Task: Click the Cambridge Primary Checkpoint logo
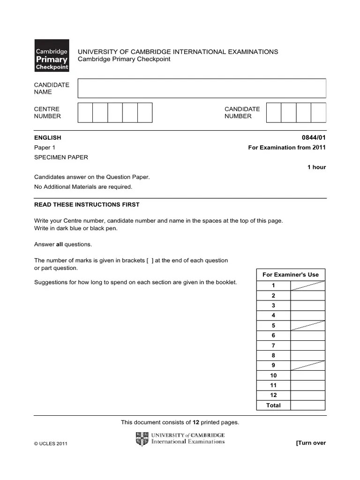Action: click(x=52, y=55)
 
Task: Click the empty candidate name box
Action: click(x=202, y=88)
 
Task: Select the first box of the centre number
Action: click(x=85, y=112)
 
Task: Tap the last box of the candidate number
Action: click(x=318, y=112)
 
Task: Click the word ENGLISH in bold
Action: click(x=47, y=138)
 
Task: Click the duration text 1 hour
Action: click(x=316, y=167)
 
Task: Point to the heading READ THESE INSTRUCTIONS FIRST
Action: click(x=87, y=205)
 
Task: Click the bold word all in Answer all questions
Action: click(x=60, y=244)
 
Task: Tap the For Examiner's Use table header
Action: click(x=291, y=275)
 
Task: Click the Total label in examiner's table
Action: click(x=273, y=405)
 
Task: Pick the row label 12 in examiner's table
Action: click(x=273, y=395)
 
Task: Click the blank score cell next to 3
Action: click(x=307, y=306)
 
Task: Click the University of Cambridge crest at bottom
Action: click(x=142, y=439)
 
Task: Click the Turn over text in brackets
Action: click(x=310, y=443)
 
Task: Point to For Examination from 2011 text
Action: click(x=287, y=148)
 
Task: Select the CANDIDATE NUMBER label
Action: click(x=242, y=112)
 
